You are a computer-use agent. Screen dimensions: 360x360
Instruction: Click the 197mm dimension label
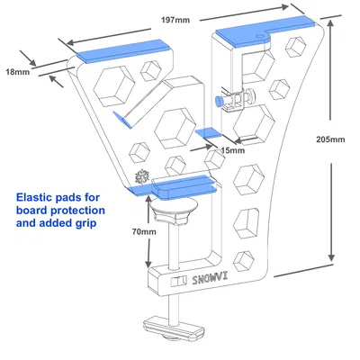tap(175, 20)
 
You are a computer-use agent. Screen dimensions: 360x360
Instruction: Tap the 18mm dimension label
tap(18, 72)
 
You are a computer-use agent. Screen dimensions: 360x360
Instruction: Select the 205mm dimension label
tap(330, 139)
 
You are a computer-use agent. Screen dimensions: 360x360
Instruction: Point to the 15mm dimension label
tap(232, 150)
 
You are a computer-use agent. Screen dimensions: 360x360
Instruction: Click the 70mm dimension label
tap(144, 231)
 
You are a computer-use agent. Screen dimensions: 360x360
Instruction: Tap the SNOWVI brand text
tap(210, 279)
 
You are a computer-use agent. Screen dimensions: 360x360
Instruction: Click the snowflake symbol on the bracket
tap(142, 177)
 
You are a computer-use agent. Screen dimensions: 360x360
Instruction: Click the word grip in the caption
tap(85, 224)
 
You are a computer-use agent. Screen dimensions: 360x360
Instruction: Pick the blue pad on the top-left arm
tap(123, 51)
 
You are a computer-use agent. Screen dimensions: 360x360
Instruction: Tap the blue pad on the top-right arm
tap(265, 31)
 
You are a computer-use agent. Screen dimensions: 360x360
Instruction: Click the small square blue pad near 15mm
tap(209, 133)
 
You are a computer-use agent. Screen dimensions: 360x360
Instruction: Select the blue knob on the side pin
tap(219, 101)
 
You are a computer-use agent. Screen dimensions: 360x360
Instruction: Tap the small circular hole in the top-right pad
tap(259, 35)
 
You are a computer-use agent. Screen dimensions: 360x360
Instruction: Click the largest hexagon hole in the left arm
tap(113, 86)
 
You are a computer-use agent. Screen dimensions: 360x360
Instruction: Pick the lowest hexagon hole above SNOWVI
tap(244, 261)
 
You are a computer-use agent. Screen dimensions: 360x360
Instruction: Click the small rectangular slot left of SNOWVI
tap(178, 282)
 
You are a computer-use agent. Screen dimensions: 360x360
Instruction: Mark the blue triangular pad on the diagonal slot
tap(122, 120)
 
